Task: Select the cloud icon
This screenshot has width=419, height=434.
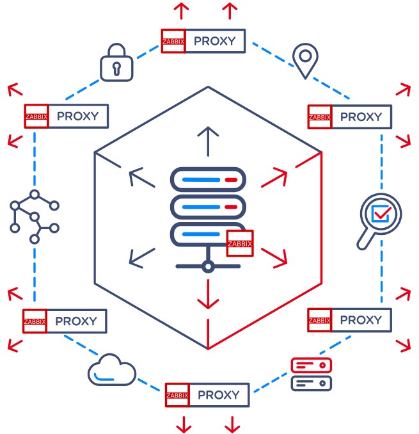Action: [x=112, y=371]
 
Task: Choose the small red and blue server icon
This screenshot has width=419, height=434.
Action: [x=312, y=374]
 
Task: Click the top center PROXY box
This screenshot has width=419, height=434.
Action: [x=202, y=41]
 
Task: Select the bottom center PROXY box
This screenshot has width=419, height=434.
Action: [x=206, y=395]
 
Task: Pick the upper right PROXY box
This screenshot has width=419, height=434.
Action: [x=349, y=117]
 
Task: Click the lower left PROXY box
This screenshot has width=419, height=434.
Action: [x=65, y=321]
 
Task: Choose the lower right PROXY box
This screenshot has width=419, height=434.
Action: [x=349, y=319]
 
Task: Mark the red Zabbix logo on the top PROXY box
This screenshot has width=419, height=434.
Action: [x=173, y=41]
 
